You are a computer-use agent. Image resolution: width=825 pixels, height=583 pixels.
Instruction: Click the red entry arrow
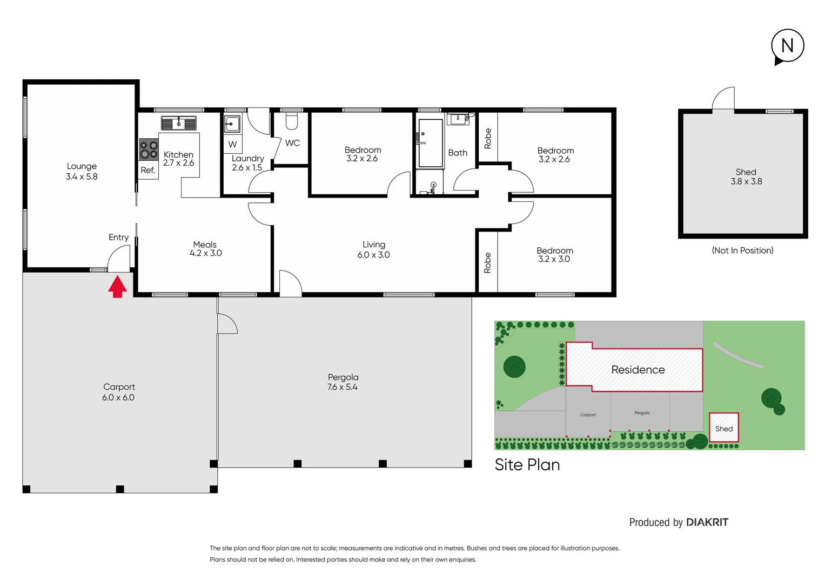[x=117, y=287]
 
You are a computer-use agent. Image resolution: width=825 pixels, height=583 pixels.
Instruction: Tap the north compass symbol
[x=787, y=46]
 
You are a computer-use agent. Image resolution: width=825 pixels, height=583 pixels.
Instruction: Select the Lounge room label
[x=82, y=171]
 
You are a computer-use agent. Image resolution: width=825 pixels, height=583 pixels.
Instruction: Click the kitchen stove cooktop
[x=149, y=150]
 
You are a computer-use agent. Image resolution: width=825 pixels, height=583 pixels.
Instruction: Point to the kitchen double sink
[x=178, y=124]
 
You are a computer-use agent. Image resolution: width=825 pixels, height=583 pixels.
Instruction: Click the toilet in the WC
[x=292, y=121]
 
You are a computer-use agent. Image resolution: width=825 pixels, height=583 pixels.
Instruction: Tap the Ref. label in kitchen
[x=147, y=171]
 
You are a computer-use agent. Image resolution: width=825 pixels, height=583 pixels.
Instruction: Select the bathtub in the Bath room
[x=431, y=143]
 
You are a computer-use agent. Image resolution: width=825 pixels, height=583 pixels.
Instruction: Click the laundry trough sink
[x=232, y=124]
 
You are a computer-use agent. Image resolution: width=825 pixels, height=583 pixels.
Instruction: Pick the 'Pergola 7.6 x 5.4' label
[x=343, y=382]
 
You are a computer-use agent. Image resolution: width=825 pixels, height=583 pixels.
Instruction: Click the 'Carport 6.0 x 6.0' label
[x=118, y=392]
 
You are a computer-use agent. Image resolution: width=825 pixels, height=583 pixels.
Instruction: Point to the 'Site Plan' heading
[x=527, y=465]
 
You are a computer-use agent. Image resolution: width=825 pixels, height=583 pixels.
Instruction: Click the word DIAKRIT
[x=707, y=523]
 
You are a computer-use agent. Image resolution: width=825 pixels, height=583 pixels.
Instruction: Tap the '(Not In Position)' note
[x=742, y=250]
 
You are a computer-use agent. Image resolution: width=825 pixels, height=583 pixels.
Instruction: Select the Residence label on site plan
[x=638, y=370]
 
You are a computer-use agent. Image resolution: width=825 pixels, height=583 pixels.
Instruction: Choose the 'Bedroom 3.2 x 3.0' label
[x=554, y=255]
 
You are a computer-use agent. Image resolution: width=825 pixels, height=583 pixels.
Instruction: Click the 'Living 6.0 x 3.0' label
[x=373, y=249]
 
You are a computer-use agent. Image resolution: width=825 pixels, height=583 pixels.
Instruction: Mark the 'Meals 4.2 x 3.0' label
[x=205, y=249]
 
